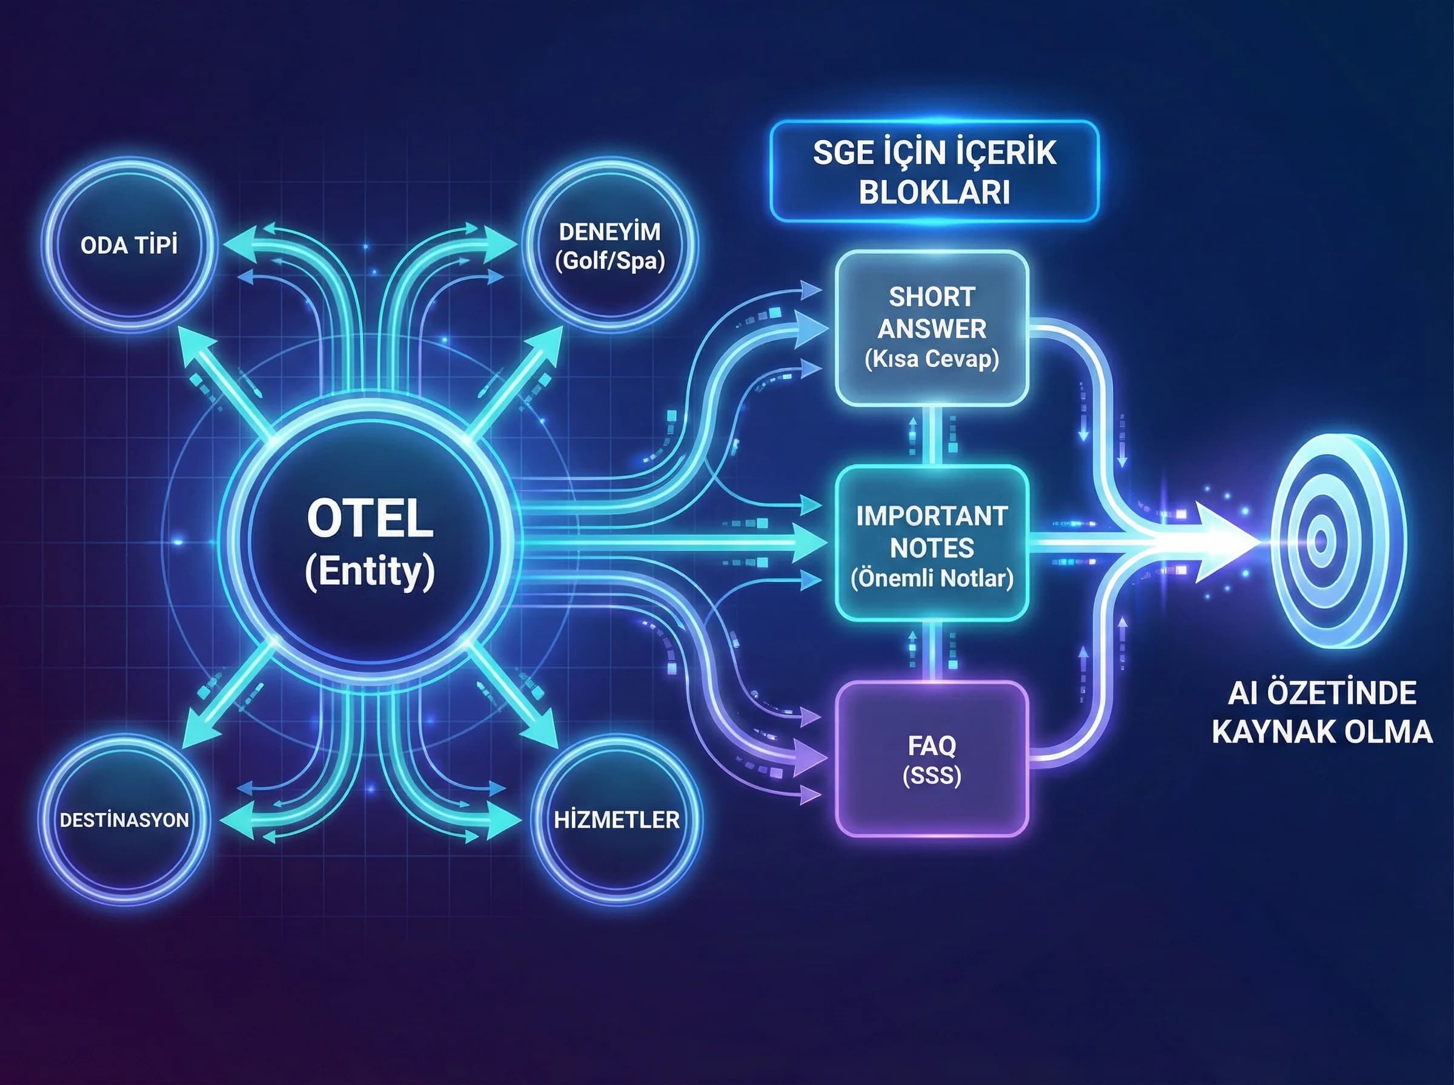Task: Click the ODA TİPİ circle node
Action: [x=130, y=245]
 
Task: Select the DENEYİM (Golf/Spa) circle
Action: [x=609, y=246]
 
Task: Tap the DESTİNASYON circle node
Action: [x=124, y=820]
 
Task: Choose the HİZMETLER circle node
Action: [x=616, y=820]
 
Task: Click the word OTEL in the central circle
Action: [x=370, y=519]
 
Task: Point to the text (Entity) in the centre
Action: [x=370, y=572]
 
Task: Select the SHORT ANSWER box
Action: [x=932, y=328]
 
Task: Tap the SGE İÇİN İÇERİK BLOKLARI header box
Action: [x=934, y=172]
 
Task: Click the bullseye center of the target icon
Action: [x=1321, y=540]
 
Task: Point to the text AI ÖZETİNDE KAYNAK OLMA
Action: [x=1321, y=713]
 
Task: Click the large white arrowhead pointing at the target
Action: [x=1222, y=542]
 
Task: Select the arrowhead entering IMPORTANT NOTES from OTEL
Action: [x=809, y=543]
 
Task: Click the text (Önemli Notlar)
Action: [x=932, y=578]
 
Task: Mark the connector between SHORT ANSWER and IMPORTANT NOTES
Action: [x=932, y=435]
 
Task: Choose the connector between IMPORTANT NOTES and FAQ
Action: [x=932, y=651]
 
